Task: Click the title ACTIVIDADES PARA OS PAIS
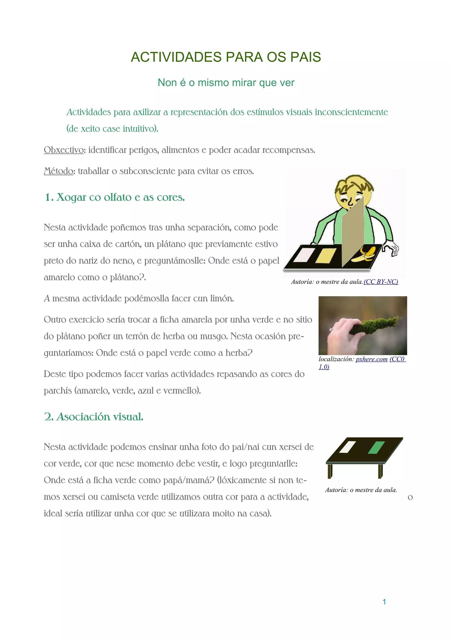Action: pyautogui.click(x=226, y=57)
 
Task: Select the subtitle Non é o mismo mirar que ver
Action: pyautogui.click(x=226, y=83)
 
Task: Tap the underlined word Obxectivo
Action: pyautogui.click(x=64, y=150)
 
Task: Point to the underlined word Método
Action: pyautogui.click(x=58, y=171)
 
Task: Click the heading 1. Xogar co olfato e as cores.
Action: pyautogui.click(x=115, y=197)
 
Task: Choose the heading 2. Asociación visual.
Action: pyautogui.click(x=94, y=417)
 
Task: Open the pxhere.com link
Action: pyautogui.click(x=371, y=359)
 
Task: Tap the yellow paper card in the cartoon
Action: pyautogui.click(x=326, y=255)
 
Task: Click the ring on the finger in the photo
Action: pyautogui.click(x=332, y=329)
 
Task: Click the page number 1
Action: pyautogui.click(x=384, y=602)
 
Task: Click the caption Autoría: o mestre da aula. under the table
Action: pyautogui.click(x=361, y=490)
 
